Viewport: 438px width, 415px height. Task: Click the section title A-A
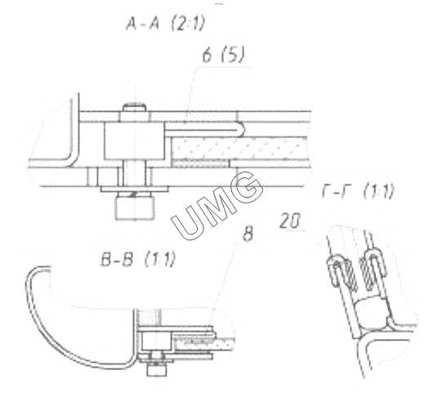click(142, 23)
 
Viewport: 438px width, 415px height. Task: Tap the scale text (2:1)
click(188, 23)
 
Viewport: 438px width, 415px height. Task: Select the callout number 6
click(207, 55)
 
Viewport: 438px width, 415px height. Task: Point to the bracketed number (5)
click(232, 55)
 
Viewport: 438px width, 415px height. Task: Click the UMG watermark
click(217, 205)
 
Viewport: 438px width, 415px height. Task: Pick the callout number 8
click(248, 234)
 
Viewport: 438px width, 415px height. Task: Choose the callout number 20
click(289, 221)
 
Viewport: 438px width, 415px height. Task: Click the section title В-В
click(117, 259)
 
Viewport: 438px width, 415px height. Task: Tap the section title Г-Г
click(334, 191)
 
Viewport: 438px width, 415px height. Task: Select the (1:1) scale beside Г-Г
click(379, 191)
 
